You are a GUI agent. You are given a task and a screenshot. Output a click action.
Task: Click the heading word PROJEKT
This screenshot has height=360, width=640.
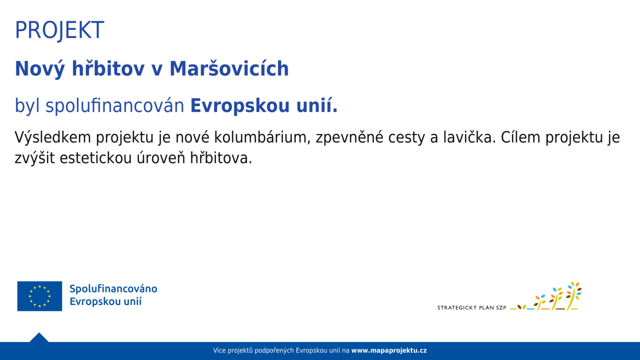tap(59, 30)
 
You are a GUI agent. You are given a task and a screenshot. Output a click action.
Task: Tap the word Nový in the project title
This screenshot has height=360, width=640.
tap(39, 69)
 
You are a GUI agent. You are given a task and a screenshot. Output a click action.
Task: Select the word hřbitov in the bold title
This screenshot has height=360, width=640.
tap(108, 68)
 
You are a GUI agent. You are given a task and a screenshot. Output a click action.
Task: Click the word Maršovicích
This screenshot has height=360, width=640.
tap(229, 68)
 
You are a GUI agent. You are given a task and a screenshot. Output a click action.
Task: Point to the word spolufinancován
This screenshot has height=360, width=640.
tap(115, 106)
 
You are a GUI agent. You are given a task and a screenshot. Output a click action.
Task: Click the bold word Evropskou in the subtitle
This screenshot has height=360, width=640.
tap(240, 106)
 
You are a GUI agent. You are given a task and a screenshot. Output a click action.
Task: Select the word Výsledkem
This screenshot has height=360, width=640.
tap(53, 137)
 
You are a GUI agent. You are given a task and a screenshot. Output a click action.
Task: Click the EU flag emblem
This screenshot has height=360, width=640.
tap(39, 296)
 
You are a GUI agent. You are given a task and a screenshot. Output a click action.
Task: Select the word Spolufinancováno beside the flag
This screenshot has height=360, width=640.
tap(113, 289)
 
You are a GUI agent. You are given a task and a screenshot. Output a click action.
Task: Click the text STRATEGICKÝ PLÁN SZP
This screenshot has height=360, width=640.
tap(471, 307)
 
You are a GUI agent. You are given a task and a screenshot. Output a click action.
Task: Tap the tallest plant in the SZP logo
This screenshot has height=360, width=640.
tap(573, 296)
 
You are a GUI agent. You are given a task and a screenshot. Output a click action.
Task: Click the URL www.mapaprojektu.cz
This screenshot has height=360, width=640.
tap(389, 350)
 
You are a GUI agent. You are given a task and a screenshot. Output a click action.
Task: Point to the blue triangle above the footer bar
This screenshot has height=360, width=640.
tap(39, 337)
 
